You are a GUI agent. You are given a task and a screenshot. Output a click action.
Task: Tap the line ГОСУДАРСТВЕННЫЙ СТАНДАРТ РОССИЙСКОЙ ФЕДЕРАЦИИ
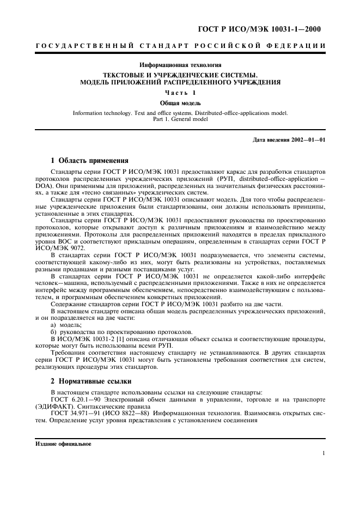click(x=180, y=45)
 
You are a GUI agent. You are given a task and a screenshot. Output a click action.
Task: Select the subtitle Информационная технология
click(x=180, y=65)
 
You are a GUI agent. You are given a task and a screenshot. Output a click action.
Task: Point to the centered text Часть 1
click(x=180, y=93)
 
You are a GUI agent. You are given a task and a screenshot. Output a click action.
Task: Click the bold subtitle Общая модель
click(x=180, y=103)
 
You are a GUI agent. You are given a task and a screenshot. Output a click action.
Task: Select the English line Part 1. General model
click(x=180, y=119)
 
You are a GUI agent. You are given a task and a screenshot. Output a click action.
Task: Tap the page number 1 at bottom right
click(x=324, y=453)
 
